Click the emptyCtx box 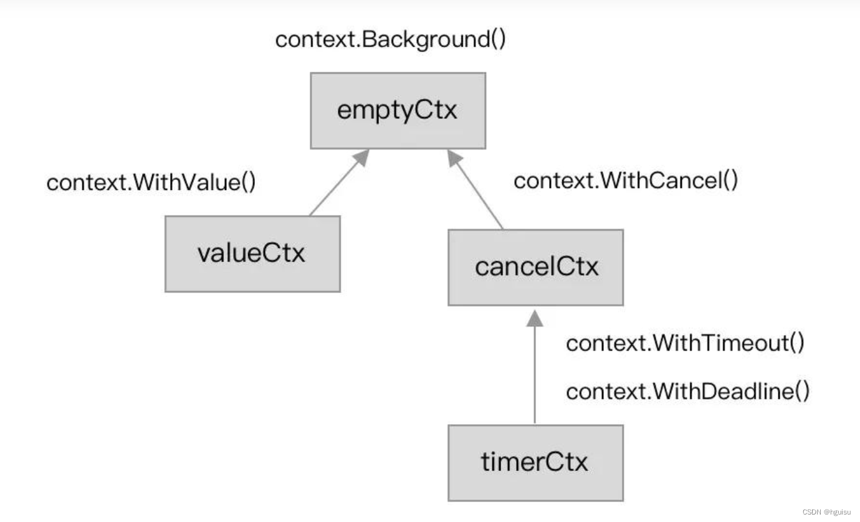click(398, 111)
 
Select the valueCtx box click(252, 254)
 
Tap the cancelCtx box click(535, 267)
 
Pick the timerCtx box click(535, 463)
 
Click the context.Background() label click(391, 39)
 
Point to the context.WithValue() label click(151, 183)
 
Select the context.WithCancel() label click(626, 181)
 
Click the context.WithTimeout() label click(685, 343)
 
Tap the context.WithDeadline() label click(687, 392)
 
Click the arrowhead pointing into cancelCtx click(535, 318)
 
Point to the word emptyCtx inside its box click(398, 111)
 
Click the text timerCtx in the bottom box click(535, 463)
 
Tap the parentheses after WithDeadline click(803, 392)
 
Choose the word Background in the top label click(425, 39)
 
